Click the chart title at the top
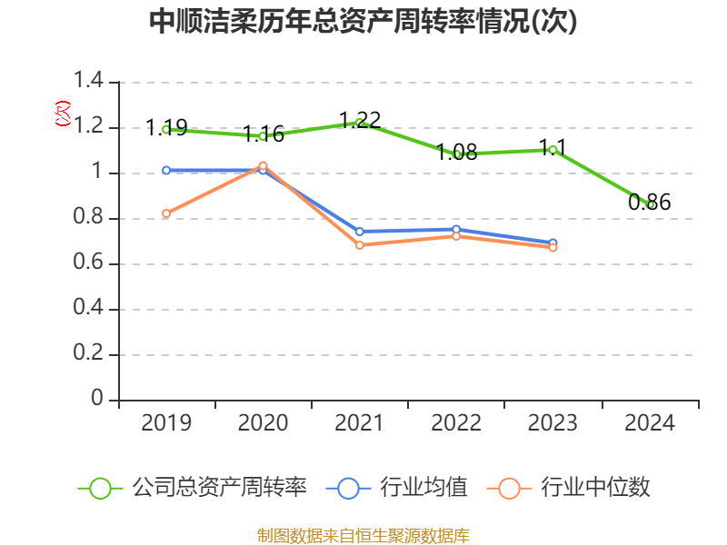coord(363,23)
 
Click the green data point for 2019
coord(165,129)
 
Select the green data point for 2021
coord(360,123)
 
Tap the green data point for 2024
coord(650,204)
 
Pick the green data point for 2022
coord(457,154)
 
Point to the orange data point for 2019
coord(165,213)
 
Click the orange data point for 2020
coord(263,165)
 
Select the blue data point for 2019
coord(165,170)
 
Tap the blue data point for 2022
coord(456,229)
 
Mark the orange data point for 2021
coord(360,245)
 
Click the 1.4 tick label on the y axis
coord(90,83)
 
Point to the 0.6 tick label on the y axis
coord(90,264)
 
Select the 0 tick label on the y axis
coord(97,401)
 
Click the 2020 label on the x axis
coord(263,423)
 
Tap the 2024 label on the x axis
coord(650,423)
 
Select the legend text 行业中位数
coord(596,488)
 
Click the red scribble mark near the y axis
coord(62,114)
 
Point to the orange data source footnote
coord(363,535)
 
